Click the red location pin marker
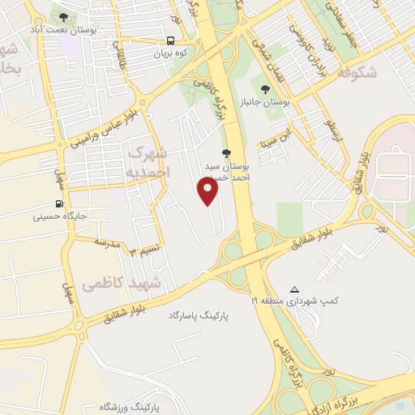click(208, 191)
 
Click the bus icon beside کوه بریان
click(171, 41)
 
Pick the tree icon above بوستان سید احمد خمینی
click(226, 153)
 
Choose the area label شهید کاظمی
click(122, 283)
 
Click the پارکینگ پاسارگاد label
click(195, 313)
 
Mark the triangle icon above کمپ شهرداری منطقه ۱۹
click(294, 289)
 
